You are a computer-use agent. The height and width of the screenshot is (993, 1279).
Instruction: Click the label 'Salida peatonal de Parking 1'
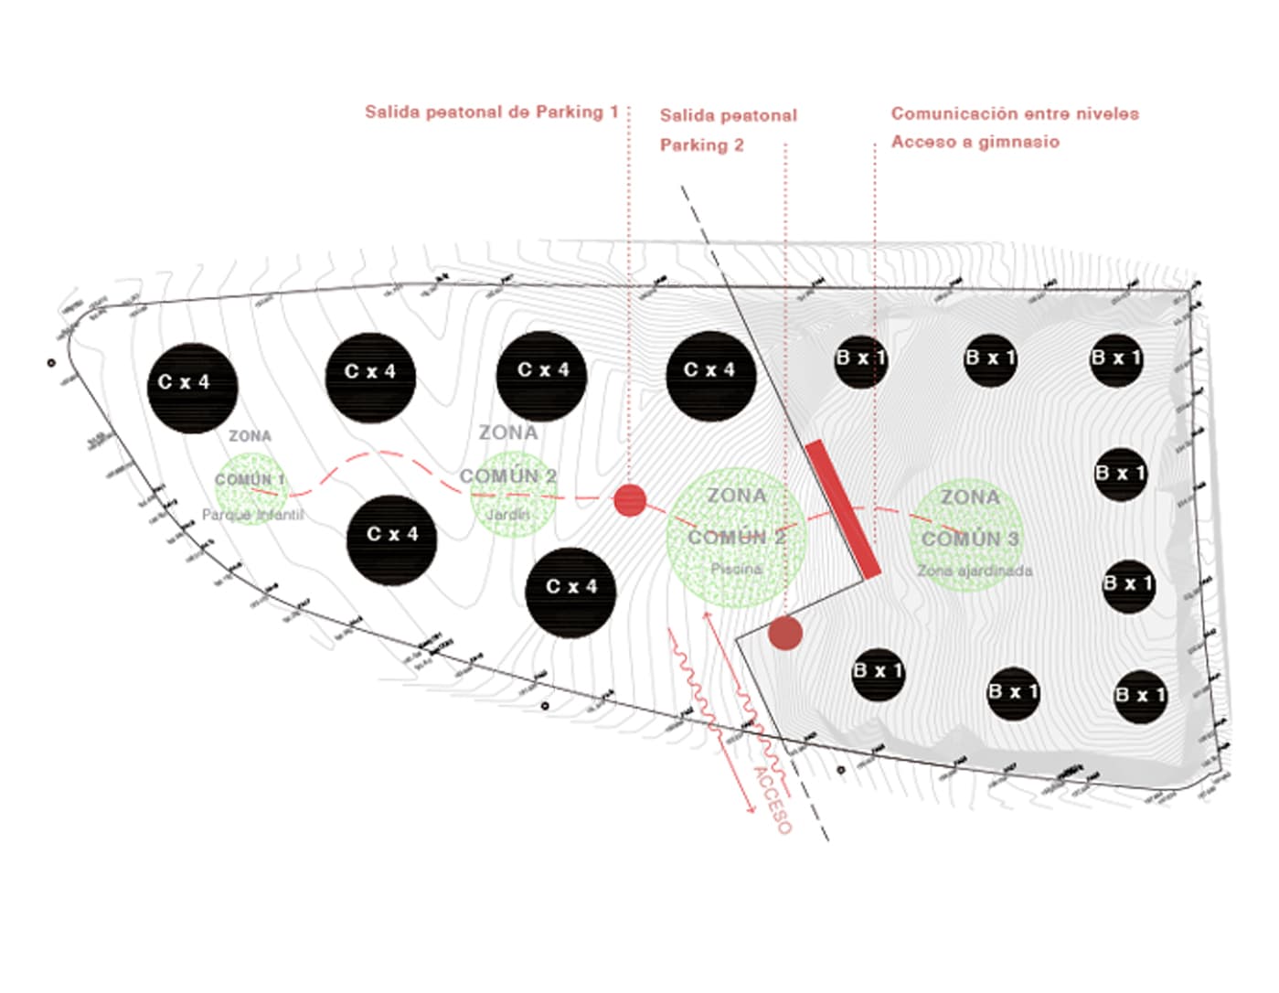coord(491,112)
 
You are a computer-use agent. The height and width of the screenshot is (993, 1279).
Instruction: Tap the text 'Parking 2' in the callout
coord(701,144)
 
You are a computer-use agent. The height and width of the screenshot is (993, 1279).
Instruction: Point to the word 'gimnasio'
coord(1018,142)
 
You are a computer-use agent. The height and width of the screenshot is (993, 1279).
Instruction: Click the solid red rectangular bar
coord(843,509)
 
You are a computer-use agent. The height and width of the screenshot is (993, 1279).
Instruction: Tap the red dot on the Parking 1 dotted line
coord(629,500)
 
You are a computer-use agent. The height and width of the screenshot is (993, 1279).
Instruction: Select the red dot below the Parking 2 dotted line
coord(785,633)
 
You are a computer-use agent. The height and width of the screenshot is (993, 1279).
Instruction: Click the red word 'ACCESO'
coord(772,799)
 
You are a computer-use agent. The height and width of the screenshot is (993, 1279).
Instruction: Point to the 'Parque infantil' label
coord(252,515)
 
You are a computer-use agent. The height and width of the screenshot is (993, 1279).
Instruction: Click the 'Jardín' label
coord(507,514)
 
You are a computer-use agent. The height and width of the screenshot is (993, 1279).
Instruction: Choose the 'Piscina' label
coord(736,569)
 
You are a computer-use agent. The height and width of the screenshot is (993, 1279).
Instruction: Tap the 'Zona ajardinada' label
coord(975,571)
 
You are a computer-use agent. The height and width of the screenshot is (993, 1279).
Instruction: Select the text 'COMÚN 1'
coord(250,479)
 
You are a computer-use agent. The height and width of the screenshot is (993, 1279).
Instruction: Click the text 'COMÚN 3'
coord(970,539)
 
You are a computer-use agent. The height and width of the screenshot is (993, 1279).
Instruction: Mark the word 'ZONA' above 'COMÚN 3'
coord(970,497)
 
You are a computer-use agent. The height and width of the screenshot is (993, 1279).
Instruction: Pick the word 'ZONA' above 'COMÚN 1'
coord(250,436)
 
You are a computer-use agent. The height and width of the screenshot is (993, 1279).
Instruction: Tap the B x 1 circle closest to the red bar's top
coord(860,360)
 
